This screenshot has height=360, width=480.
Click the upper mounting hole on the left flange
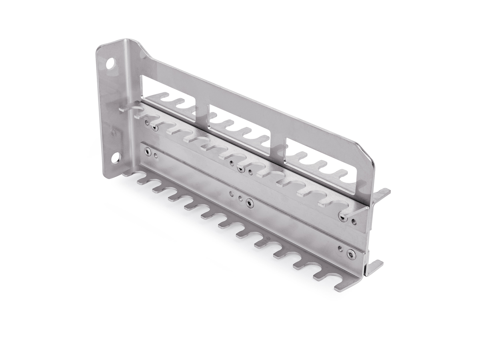110,64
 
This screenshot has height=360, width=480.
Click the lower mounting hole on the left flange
115,158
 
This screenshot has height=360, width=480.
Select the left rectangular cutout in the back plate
168,98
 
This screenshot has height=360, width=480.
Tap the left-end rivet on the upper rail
154,127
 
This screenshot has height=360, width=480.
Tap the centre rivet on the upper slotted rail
241,170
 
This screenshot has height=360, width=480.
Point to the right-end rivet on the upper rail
342,216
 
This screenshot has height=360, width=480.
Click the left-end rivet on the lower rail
148,151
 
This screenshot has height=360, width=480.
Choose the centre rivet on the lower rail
250,204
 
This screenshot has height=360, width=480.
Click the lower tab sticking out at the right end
374,266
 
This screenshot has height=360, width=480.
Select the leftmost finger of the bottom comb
132,174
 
